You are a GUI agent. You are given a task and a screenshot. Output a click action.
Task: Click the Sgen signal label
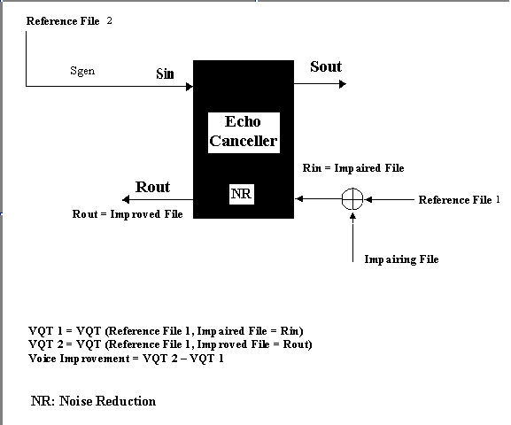82,71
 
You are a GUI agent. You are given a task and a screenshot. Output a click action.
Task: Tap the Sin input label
165,73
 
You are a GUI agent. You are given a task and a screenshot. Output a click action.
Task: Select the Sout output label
326,66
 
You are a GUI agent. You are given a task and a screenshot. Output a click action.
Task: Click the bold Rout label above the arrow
152,187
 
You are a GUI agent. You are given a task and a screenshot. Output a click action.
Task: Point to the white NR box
242,194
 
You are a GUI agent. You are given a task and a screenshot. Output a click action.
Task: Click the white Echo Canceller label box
244,133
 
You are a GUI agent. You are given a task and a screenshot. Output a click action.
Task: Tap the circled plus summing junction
352,199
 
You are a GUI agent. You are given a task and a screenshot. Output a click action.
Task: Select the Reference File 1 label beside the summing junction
459,199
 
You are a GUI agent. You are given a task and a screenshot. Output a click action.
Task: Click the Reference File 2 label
69,21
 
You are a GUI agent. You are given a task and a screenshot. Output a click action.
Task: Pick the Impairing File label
401,259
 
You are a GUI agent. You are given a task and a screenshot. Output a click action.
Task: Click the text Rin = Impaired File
353,168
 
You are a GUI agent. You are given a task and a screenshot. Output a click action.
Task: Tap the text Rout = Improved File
128,214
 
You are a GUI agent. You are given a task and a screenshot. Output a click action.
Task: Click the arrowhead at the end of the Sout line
343,84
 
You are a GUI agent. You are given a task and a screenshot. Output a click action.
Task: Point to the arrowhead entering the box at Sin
190,87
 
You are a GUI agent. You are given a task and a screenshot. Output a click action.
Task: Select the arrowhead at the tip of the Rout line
126,199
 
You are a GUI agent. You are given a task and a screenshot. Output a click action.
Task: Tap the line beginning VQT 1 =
166,331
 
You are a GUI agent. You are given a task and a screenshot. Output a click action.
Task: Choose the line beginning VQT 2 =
170,344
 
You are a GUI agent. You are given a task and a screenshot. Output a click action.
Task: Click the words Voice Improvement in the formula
79,359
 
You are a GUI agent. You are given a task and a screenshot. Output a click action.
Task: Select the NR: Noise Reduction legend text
94,401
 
